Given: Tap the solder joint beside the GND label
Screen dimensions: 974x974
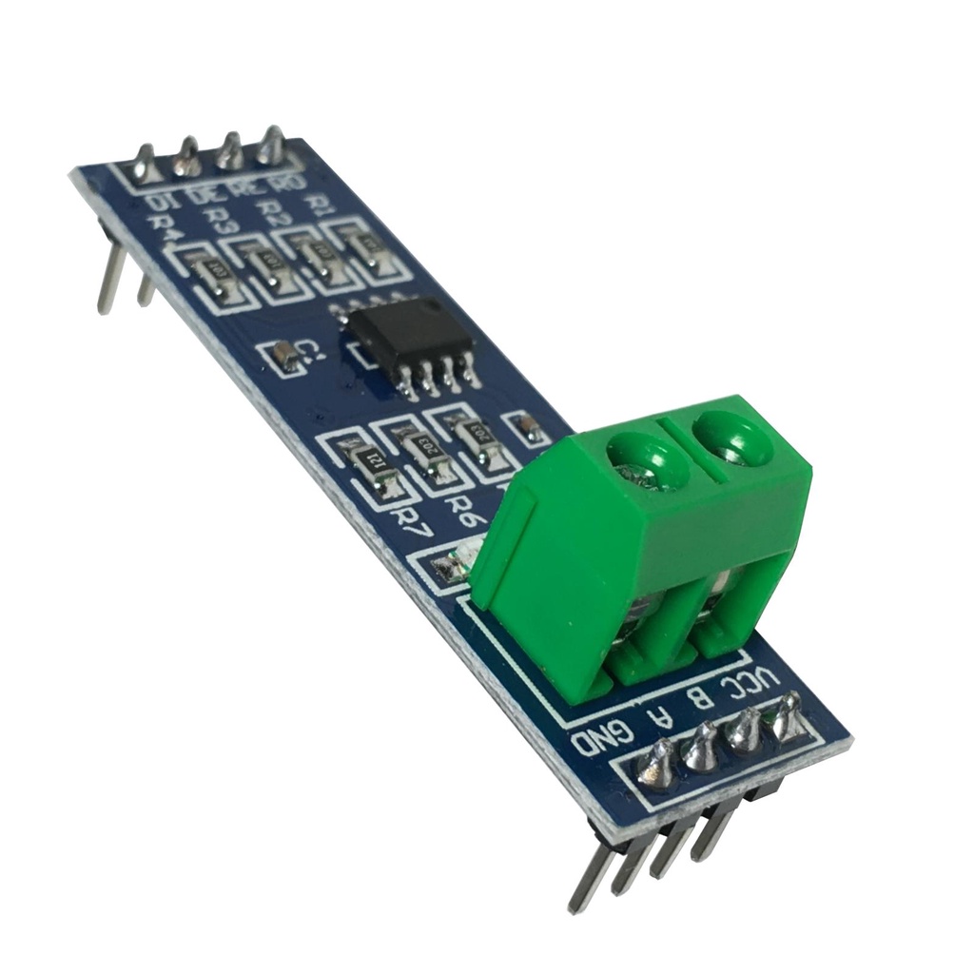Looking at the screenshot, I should pyautogui.click(x=659, y=766).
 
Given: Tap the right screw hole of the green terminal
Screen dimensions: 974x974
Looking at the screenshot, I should pyautogui.click(x=731, y=438).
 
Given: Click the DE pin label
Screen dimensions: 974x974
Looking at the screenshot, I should pyautogui.click(x=202, y=196).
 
